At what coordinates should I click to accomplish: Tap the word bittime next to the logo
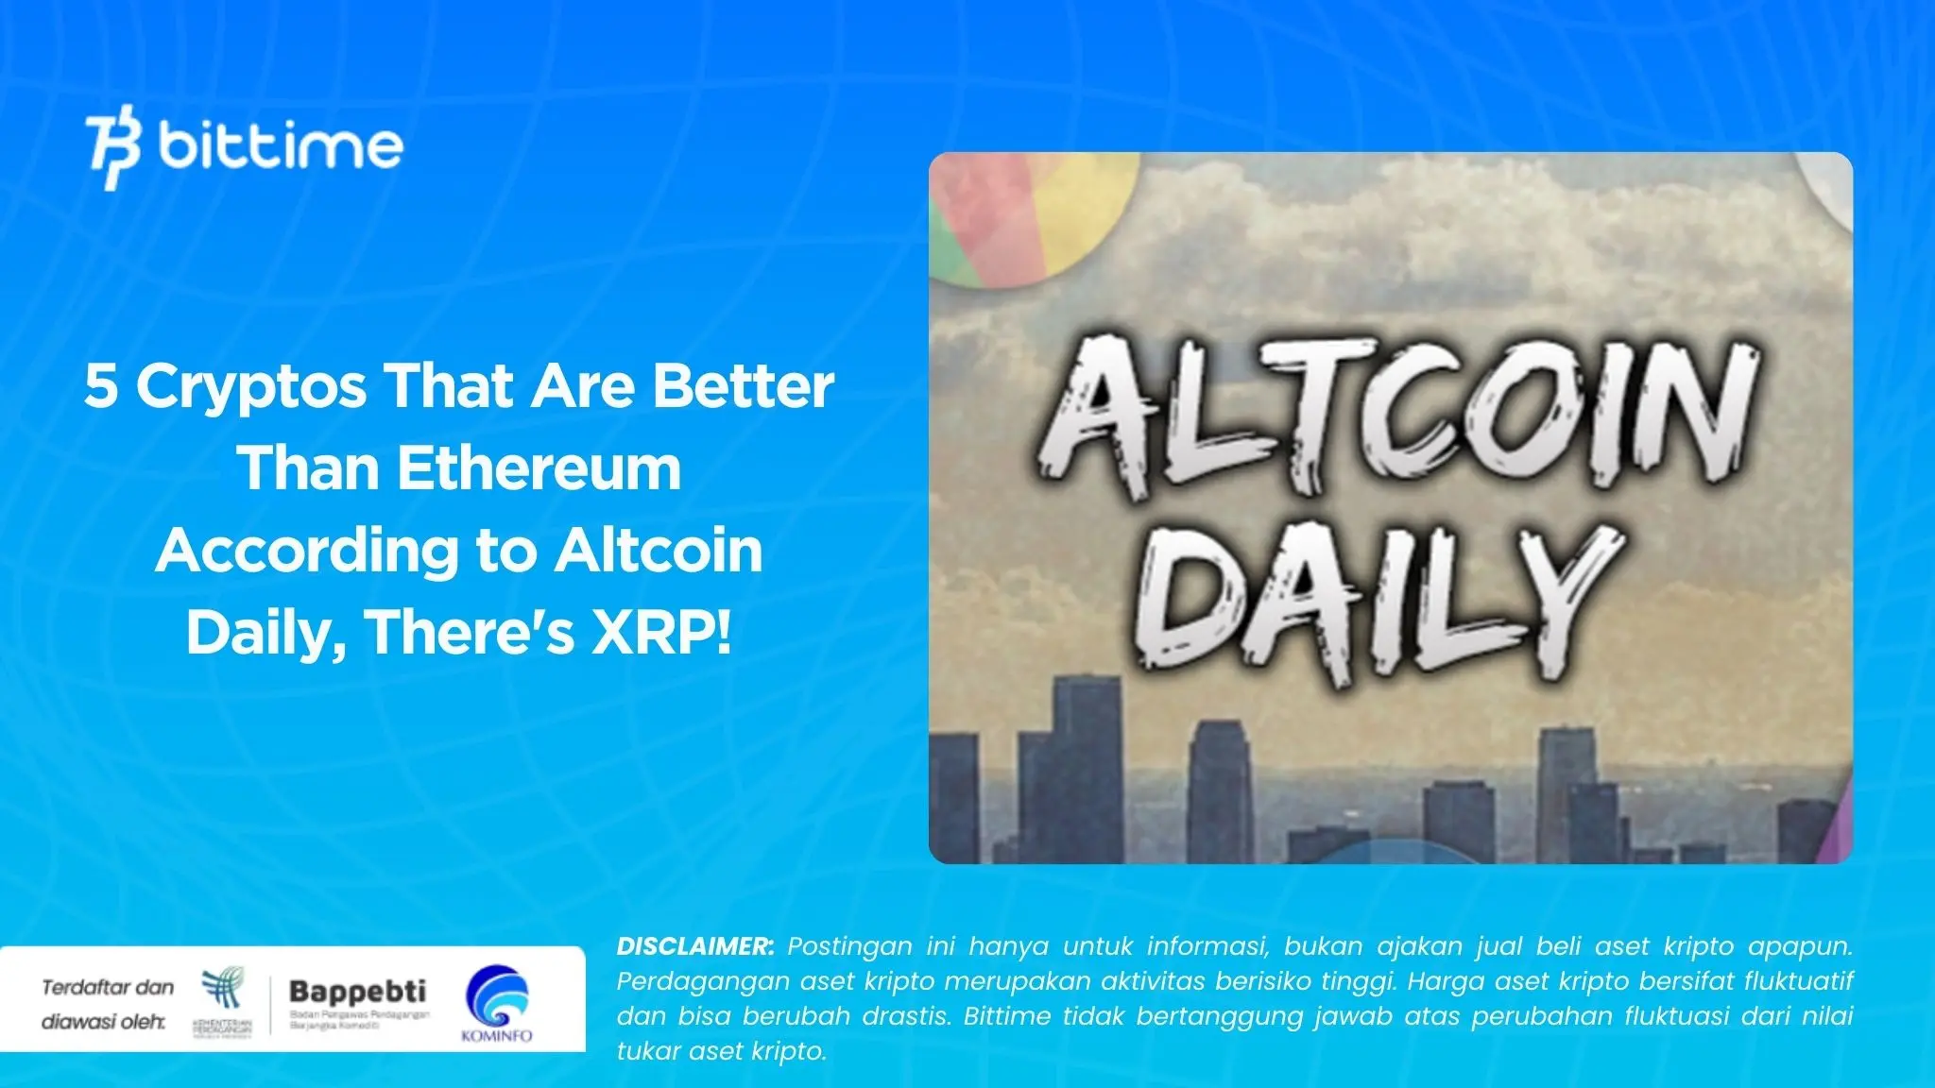(281, 145)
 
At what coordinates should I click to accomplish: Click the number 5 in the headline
(100, 386)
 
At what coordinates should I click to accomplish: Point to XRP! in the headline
(661, 632)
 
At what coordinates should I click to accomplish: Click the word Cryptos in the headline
(250, 387)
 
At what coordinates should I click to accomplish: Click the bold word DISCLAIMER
(695, 946)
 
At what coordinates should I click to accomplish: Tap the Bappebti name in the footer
(357, 991)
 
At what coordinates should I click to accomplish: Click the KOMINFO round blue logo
(497, 998)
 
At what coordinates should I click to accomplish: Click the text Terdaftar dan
(108, 988)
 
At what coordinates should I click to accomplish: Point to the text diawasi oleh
(103, 1022)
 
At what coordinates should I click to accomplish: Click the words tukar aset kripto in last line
(722, 1051)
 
